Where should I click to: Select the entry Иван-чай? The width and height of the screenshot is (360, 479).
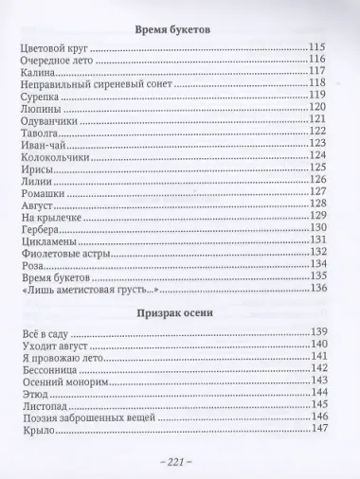(43, 144)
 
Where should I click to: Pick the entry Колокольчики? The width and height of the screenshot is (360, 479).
(54, 156)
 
